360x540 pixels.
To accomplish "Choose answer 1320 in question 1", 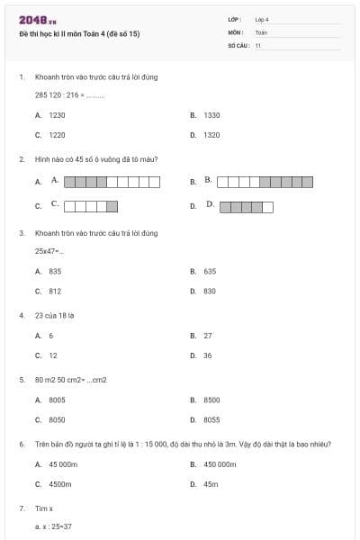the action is point(211,135).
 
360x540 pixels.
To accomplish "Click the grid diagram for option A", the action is point(112,182).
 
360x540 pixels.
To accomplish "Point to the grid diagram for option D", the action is point(246,206).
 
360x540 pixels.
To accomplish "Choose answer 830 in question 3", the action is point(210,291).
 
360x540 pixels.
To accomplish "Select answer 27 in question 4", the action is point(208,336).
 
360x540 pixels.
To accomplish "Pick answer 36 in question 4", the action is point(208,355).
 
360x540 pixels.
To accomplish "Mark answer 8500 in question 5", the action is point(211,400).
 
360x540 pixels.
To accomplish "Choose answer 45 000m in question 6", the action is point(63,464).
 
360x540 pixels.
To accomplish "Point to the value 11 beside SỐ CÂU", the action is point(258,45).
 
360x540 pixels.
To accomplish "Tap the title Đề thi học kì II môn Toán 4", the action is point(79,34).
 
